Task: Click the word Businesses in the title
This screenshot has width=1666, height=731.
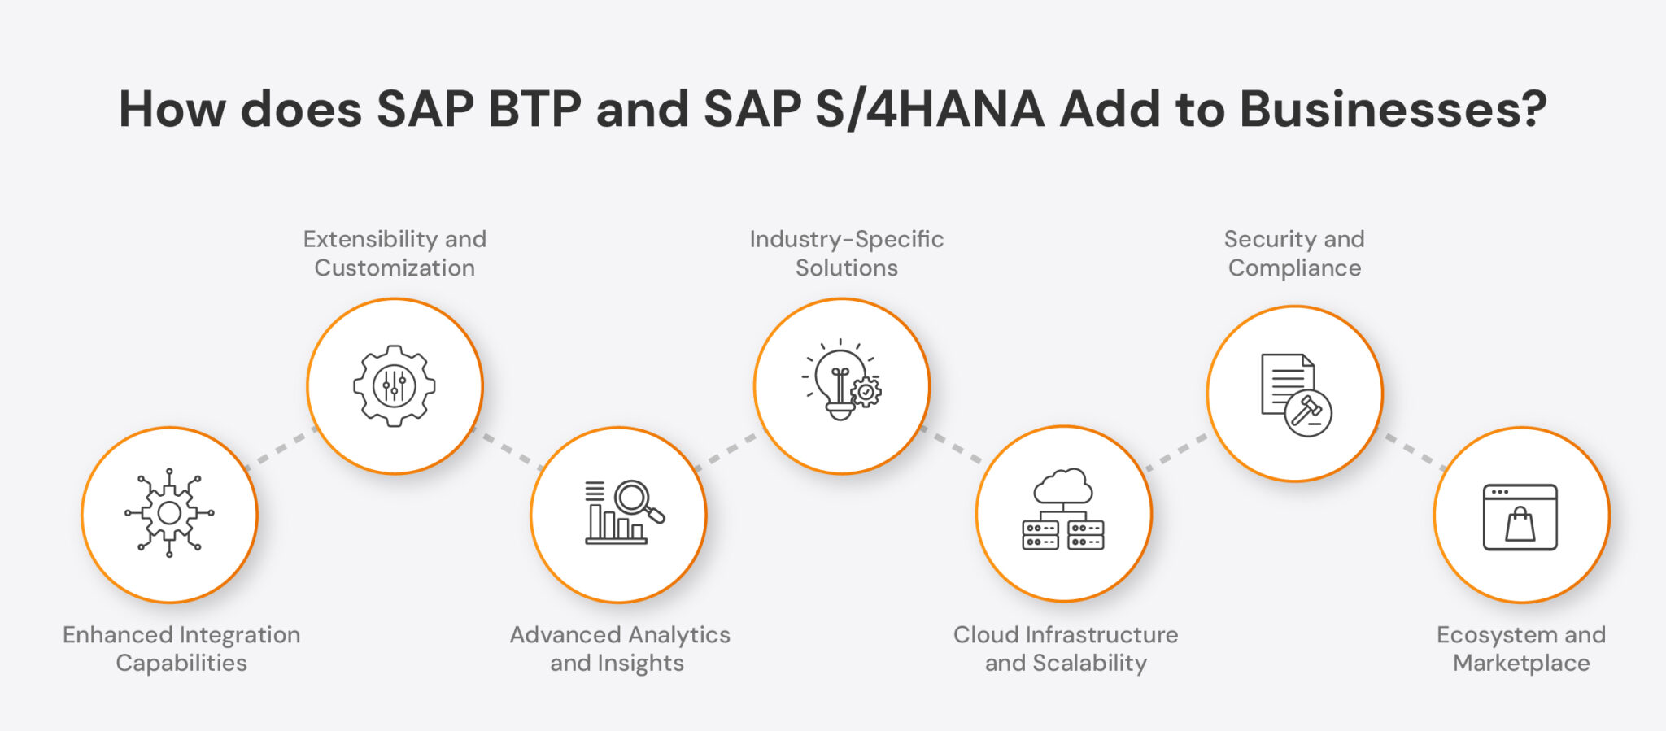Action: click(1392, 109)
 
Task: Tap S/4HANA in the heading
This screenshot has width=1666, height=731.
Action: click(929, 109)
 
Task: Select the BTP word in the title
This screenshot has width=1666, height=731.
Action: click(534, 109)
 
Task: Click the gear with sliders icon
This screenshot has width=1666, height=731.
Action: click(395, 385)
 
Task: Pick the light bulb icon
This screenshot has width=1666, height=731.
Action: click(839, 381)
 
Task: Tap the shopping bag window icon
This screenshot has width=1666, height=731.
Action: click(1520, 517)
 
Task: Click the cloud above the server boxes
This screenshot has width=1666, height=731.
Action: click(1063, 487)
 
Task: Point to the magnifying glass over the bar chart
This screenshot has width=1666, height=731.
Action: click(635, 500)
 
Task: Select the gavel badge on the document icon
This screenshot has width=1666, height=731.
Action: click(1308, 412)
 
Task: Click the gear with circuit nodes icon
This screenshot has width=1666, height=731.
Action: click(169, 513)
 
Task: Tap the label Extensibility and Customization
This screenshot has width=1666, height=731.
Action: click(395, 253)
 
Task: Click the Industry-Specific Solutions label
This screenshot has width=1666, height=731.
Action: click(846, 253)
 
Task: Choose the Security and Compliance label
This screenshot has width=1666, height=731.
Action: click(1294, 253)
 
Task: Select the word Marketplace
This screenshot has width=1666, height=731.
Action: click(1521, 663)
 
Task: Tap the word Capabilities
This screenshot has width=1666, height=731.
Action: click(181, 663)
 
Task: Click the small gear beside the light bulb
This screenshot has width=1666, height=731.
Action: click(866, 392)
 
